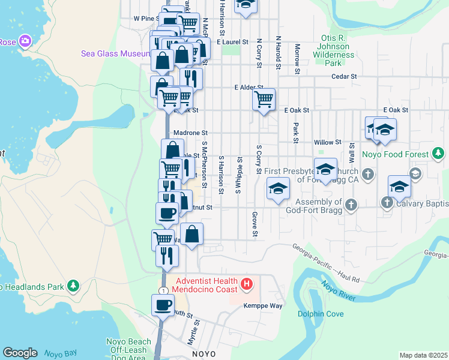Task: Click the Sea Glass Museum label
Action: tap(115, 53)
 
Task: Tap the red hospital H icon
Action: tap(245, 283)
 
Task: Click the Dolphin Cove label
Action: tap(321, 313)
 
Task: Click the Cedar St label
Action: tap(344, 77)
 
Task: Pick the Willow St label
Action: tap(327, 142)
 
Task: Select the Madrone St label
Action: tap(190, 133)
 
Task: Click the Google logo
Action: tap(20, 353)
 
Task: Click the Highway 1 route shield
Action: tap(162, 290)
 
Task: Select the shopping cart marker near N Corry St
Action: tap(264, 99)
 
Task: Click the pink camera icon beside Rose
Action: tap(25, 41)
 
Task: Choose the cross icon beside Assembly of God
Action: tap(351, 205)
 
